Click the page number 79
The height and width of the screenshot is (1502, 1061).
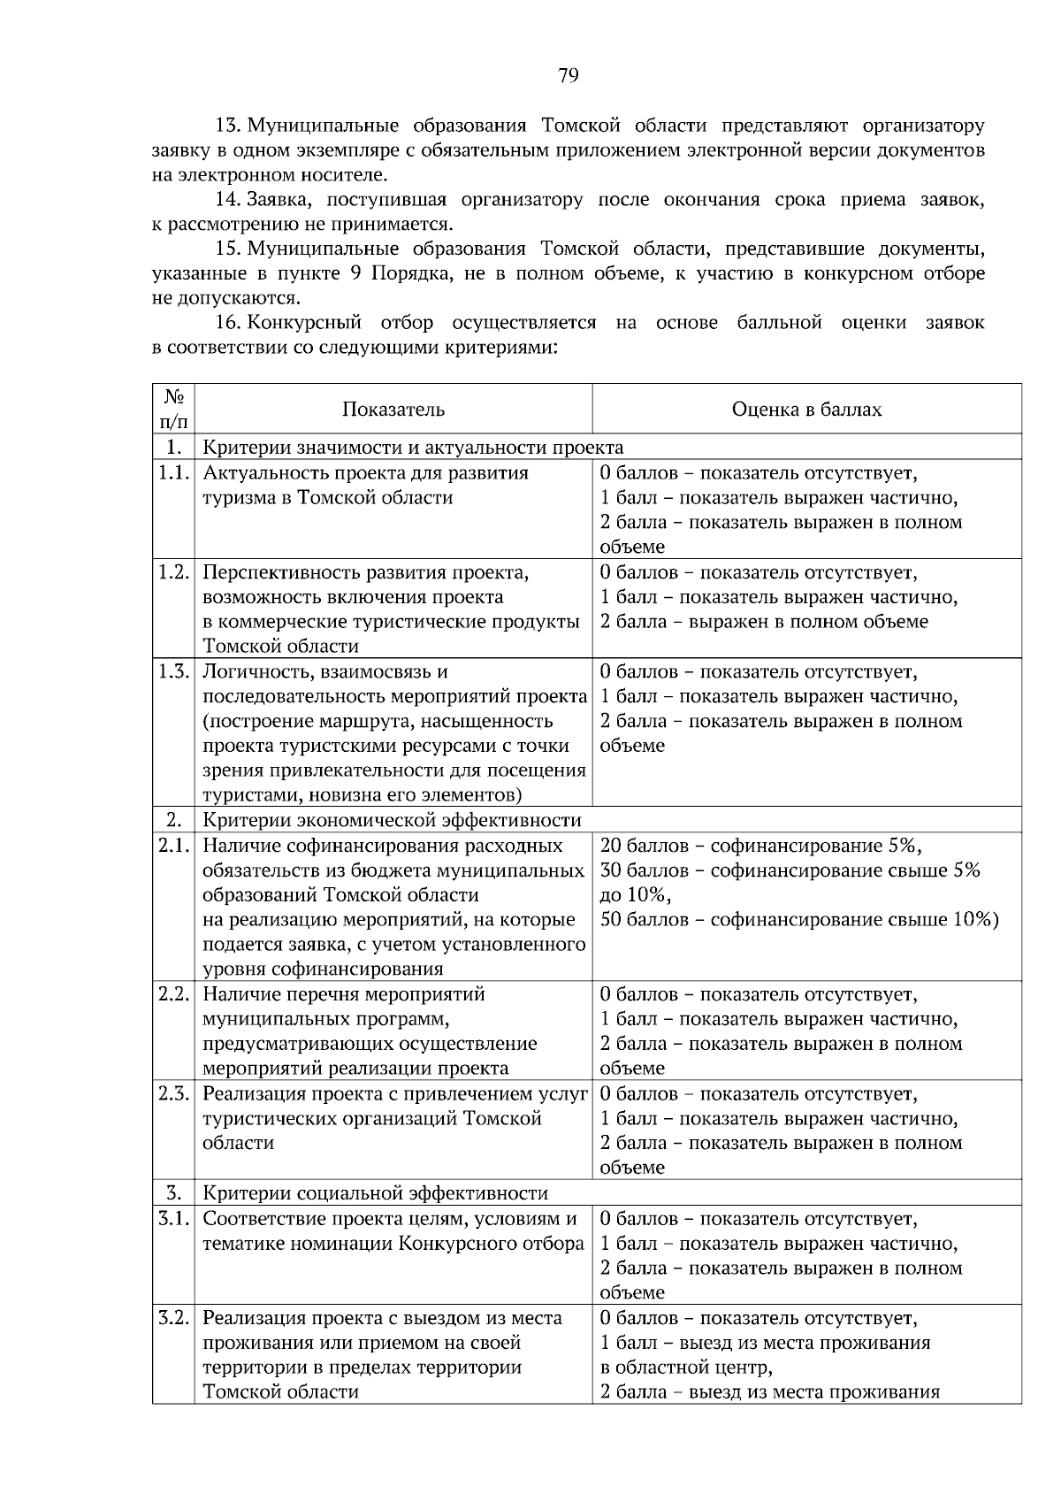[x=568, y=75]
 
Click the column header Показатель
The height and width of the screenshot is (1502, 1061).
[x=393, y=410]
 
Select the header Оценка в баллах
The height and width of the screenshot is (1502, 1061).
[x=806, y=410]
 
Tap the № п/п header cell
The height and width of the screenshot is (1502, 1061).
[x=173, y=410]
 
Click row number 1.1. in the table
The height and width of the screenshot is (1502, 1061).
[x=173, y=472]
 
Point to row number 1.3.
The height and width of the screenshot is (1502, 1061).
[x=173, y=671]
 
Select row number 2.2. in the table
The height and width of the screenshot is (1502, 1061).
[x=173, y=994]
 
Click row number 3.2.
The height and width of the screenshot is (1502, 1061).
[x=173, y=1318]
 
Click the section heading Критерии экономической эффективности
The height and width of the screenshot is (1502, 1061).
[x=392, y=821]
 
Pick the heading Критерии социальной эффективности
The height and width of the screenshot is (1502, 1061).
[x=375, y=1193]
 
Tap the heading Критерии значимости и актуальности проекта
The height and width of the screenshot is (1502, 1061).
[x=413, y=448]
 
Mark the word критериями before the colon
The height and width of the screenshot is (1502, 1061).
[x=501, y=348]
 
